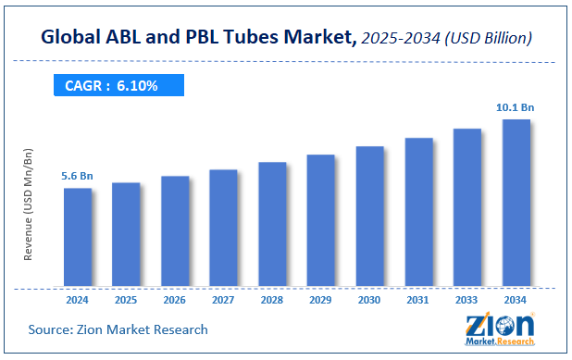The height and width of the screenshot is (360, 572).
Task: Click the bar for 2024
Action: point(78,238)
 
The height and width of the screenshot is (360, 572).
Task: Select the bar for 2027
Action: point(223,229)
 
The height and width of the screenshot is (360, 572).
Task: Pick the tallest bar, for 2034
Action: point(516,204)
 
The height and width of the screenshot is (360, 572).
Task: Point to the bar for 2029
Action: point(320,221)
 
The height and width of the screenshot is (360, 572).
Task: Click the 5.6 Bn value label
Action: point(77,176)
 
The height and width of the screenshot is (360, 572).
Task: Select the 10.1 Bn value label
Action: point(515,107)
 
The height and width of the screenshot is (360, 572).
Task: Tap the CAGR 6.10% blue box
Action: point(118,85)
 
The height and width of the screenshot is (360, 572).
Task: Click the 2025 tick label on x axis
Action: point(126,300)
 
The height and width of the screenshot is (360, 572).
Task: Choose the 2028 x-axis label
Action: point(272,300)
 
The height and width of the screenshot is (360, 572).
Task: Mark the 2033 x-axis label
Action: point(466,300)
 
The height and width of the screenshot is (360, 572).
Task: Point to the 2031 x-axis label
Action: point(417,300)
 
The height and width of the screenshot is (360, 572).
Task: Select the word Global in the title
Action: point(73,37)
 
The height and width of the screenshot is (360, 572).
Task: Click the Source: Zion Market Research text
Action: point(118,329)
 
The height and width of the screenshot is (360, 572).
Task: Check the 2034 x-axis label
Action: point(516,300)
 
